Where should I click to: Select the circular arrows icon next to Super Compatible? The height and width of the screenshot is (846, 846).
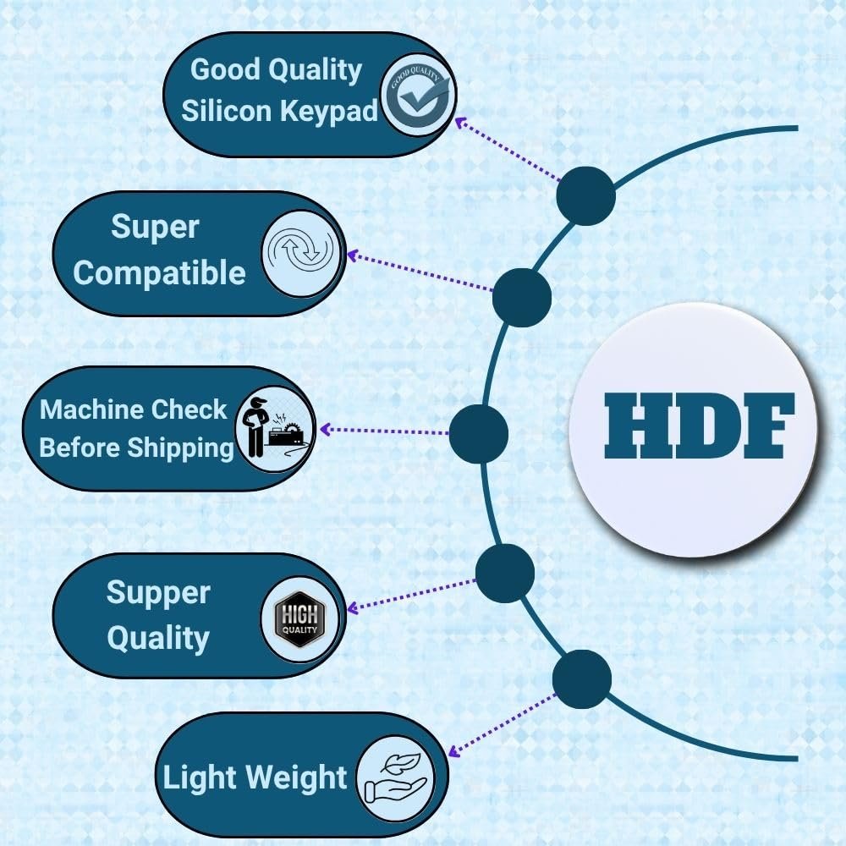click(302, 252)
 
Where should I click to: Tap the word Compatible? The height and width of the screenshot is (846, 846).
click(159, 273)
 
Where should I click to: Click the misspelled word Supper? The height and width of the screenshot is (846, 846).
click(157, 592)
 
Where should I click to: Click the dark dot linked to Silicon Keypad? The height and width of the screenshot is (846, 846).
click(585, 196)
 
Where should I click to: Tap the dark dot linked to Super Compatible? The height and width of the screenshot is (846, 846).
click(522, 297)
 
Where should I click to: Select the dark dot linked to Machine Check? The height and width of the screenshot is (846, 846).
click(478, 433)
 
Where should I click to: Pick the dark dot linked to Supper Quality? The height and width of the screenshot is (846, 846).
click(505, 574)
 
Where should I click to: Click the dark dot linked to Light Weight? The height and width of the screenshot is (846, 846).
click(582, 679)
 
